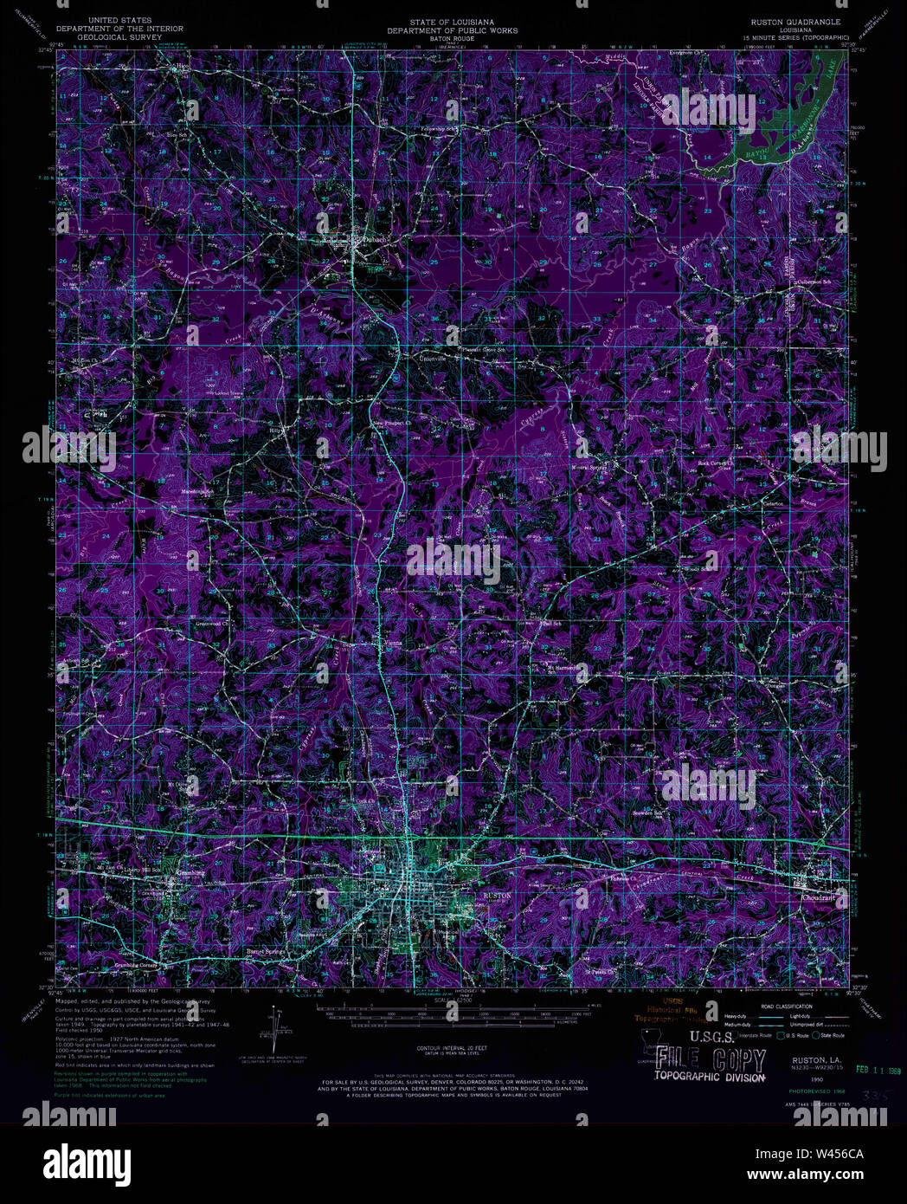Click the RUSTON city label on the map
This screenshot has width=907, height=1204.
[x=497, y=896]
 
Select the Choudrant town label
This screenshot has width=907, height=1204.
[x=818, y=898]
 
